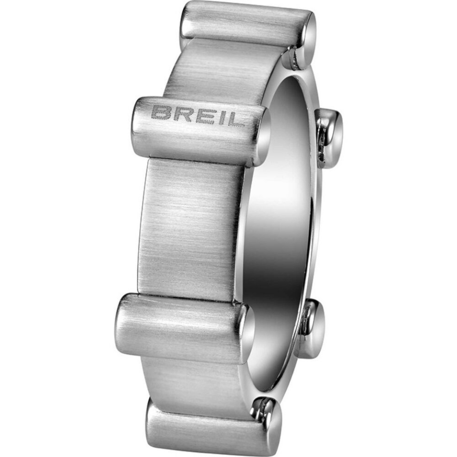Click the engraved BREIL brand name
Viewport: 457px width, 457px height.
click(198, 115)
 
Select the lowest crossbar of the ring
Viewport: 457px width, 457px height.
click(209, 426)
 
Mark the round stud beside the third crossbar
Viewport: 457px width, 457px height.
click(314, 328)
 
